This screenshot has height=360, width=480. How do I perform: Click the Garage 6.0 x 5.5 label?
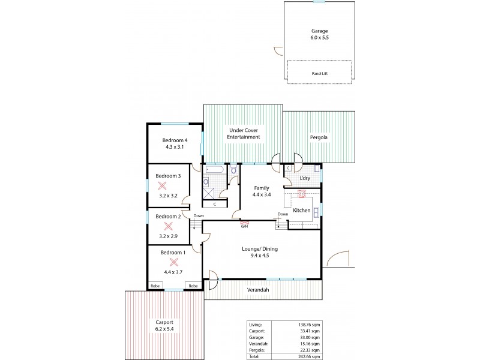(x=319, y=34)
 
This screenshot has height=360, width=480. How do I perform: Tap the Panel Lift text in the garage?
(x=319, y=73)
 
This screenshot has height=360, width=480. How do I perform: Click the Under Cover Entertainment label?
(x=243, y=133)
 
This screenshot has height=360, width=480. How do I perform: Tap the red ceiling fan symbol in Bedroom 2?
(x=169, y=226)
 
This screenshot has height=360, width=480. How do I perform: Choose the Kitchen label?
(x=302, y=211)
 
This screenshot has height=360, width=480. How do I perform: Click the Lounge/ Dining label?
(x=260, y=253)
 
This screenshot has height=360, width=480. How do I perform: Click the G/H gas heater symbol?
(x=244, y=225)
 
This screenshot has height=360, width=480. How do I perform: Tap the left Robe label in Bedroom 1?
(x=155, y=286)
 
